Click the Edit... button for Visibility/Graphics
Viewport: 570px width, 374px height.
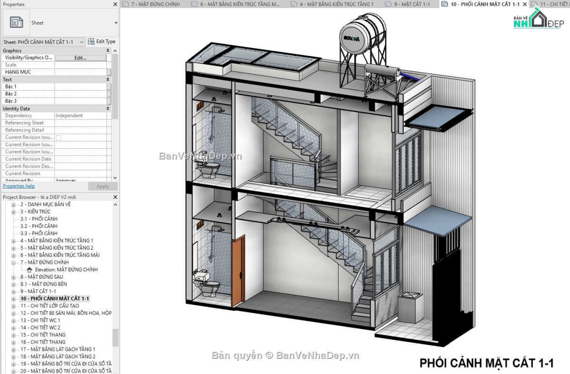(x=80, y=58)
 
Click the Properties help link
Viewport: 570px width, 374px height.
(x=19, y=186)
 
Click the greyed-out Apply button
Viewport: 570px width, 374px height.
(x=103, y=187)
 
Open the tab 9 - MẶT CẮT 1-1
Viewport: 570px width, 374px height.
(x=411, y=4)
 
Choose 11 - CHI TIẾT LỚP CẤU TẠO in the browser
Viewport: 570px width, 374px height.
(x=49, y=306)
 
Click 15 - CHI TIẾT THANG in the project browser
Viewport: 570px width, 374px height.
(x=43, y=335)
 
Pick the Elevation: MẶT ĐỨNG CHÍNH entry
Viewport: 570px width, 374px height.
(x=66, y=270)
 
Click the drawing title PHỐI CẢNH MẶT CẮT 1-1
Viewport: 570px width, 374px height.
(x=486, y=363)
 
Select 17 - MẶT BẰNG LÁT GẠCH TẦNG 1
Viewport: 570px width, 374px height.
(x=57, y=349)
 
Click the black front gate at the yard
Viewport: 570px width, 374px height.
(x=446, y=294)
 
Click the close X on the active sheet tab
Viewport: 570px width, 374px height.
(x=524, y=4)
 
